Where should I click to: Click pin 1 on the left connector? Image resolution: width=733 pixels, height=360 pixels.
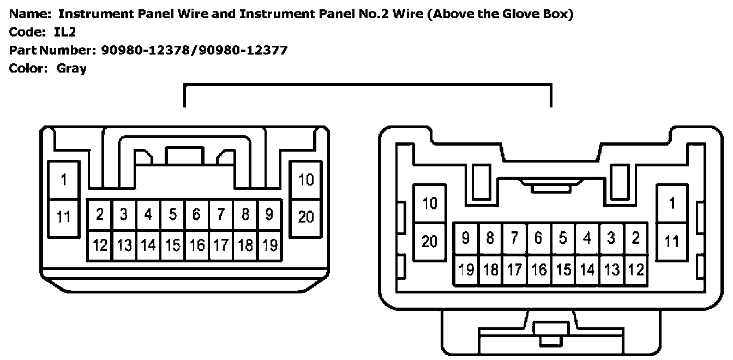(64, 180)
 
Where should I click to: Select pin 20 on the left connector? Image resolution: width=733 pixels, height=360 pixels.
(306, 217)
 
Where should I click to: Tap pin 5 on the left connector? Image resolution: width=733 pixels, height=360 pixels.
(172, 214)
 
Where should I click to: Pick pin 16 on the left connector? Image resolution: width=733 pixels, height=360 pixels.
(197, 245)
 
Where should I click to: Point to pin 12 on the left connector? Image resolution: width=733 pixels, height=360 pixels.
(100, 245)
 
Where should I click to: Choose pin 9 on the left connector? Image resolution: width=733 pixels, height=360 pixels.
(269, 214)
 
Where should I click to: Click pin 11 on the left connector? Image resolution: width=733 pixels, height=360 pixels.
(64, 217)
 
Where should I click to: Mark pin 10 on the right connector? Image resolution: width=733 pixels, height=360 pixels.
(430, 203)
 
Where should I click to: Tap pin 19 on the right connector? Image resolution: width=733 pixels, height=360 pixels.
(466, 269)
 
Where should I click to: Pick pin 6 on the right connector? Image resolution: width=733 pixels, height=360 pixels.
(539, 238)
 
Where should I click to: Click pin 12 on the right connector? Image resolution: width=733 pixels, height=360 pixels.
(636, 269)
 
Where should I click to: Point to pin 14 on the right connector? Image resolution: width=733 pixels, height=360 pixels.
(587, 269)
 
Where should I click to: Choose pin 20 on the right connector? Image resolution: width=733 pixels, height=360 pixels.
(430, 241)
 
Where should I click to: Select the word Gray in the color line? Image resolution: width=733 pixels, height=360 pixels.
(71, 69)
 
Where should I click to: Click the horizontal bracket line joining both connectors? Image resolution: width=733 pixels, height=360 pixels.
(368, 85)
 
